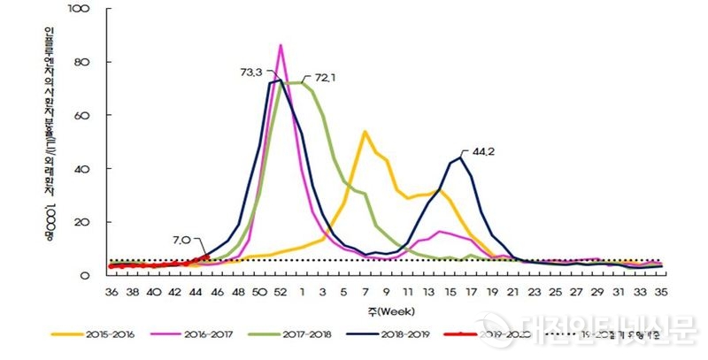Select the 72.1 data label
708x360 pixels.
point(319,78)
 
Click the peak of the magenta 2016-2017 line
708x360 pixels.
point(281,45)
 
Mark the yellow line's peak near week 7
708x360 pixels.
point(365,132)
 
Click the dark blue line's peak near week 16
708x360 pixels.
point(460,157)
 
